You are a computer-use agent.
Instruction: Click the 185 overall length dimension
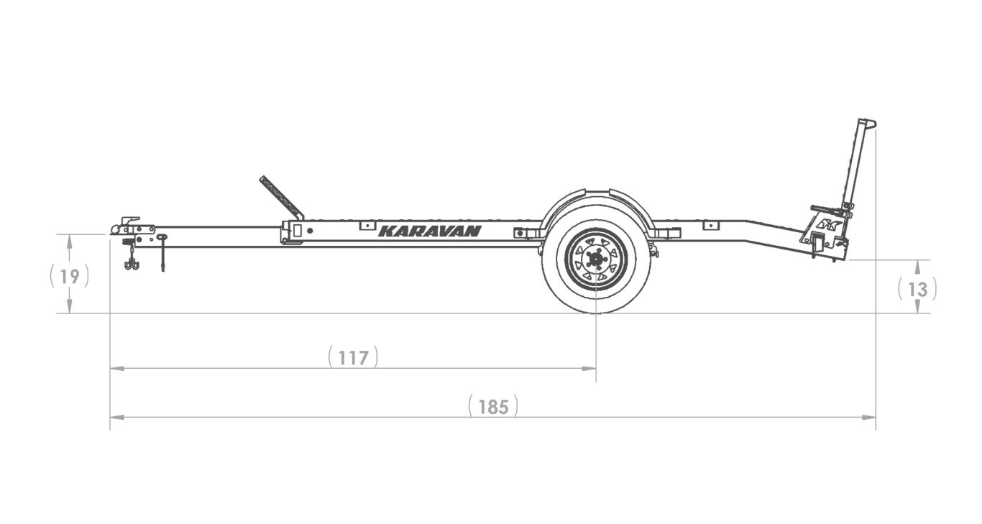(x=493, y=407)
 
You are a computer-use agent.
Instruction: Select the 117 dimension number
(x=354, y=358)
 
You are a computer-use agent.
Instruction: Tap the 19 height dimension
(x=70, y=276)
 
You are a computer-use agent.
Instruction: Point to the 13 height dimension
(x=917, y=289)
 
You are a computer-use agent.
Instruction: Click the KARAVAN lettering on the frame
(x=430, y=231)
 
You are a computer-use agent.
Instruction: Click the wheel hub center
(x=595, y=259)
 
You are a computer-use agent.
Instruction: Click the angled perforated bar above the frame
(x=281, y=198)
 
